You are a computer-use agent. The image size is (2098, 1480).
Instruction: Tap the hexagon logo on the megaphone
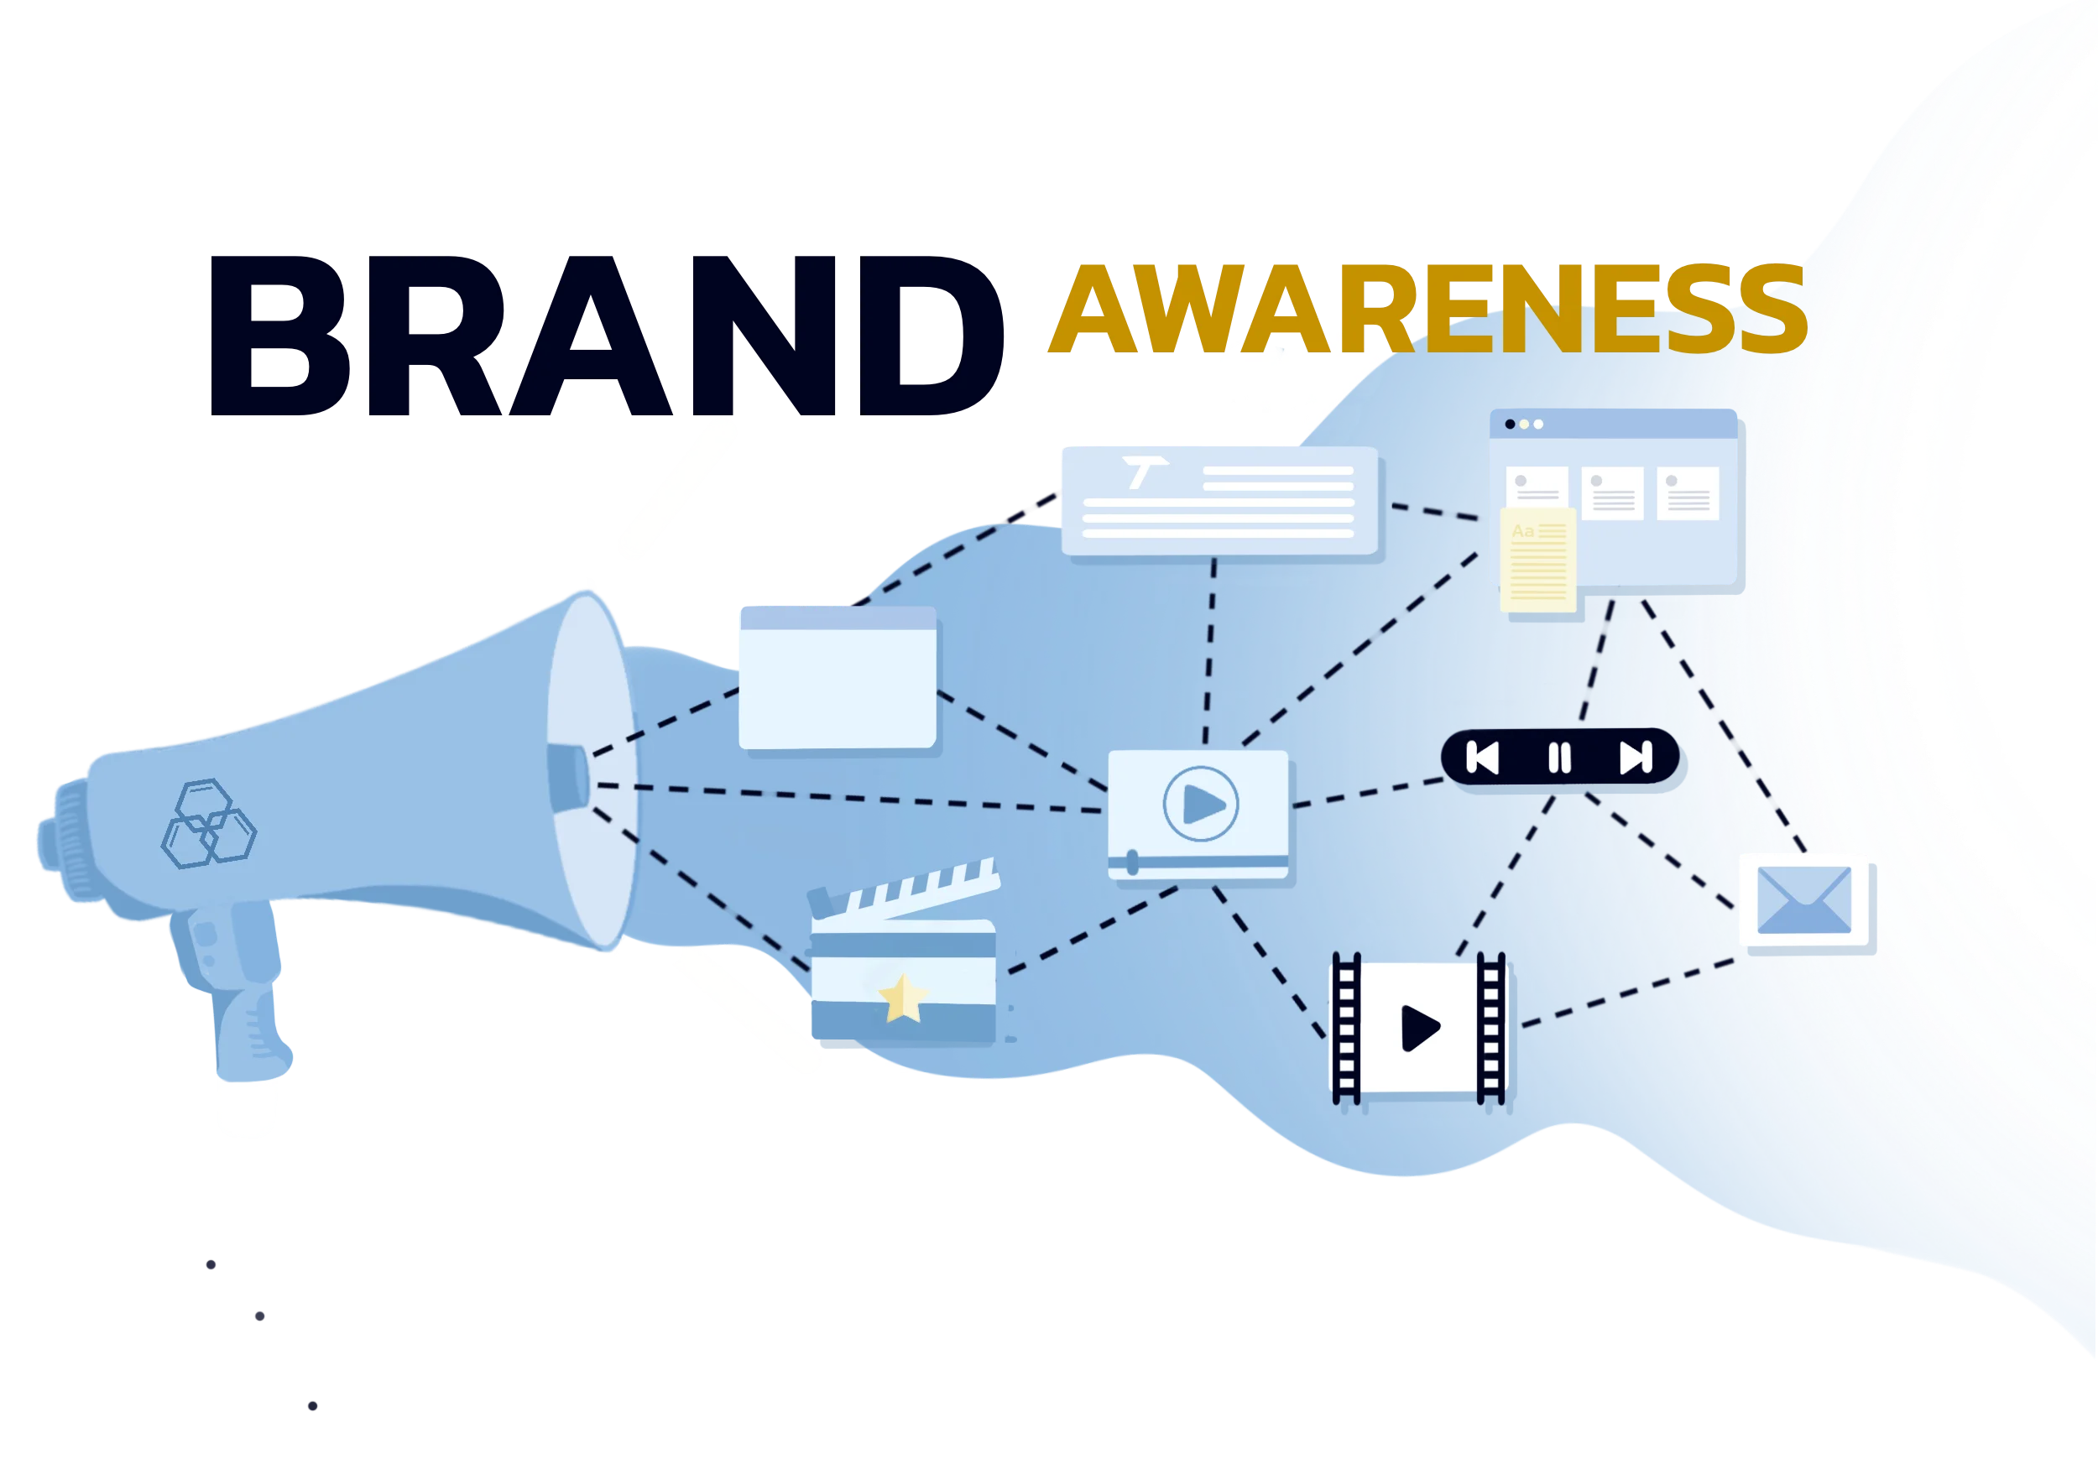click(209, 823)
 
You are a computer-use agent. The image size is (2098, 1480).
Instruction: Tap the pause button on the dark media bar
click(1560, 758)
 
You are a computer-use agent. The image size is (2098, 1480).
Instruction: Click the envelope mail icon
click(1803, 900)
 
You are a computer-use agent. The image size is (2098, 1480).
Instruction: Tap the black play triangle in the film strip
click(1419, 1028)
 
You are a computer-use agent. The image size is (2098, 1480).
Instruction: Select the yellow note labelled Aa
click(1539, 560)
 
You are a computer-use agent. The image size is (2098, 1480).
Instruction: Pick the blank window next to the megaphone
click(838, 678)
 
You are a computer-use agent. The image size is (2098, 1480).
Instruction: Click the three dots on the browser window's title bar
click(1523, 424)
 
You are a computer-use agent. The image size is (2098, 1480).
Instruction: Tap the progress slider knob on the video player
click(1133, 862)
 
